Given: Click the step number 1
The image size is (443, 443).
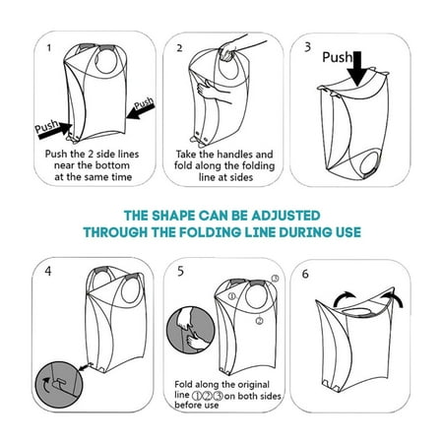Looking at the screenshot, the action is [x=49, y=48].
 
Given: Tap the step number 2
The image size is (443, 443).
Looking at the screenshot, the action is [x=179, y=48].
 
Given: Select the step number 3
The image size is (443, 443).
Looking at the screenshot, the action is [x=307, y=47].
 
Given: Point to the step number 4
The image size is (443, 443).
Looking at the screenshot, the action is [x=48, y=272].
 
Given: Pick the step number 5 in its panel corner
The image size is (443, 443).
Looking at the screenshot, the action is [x=180, y=272].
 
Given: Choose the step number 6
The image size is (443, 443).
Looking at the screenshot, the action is [x=305, y=274].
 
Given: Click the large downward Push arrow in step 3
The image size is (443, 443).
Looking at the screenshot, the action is [x=357, y=69].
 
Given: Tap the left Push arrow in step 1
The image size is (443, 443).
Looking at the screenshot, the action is [x=56, y=130].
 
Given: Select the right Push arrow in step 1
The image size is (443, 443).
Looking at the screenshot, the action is [x=140, y=111].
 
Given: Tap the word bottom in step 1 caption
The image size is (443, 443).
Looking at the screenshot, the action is [x=113, y=165].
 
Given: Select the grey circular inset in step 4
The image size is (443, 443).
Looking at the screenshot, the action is [x=59, y=384].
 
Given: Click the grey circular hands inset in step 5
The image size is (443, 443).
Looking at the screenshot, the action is [x=191, y=331].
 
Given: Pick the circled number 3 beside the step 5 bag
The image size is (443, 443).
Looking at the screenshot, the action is [x=275, y=279].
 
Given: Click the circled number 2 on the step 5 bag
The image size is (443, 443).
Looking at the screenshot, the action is [x=259, y=321].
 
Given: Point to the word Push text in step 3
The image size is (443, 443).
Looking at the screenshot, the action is [x=337, y=57].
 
